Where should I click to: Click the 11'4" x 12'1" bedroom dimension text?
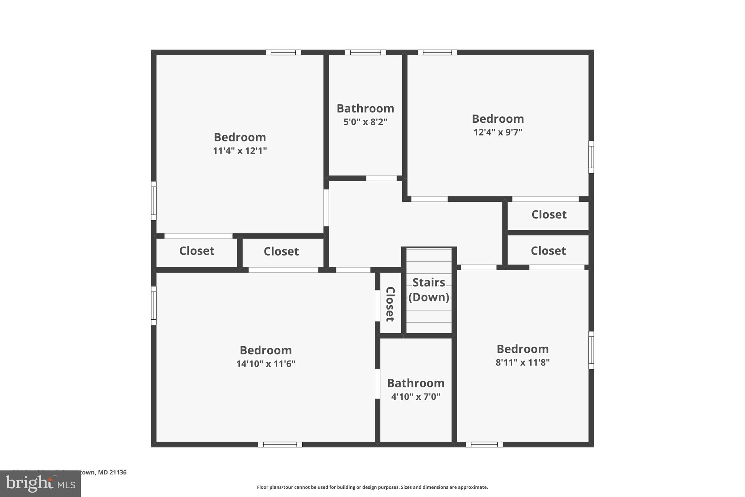click(x=240, y=151)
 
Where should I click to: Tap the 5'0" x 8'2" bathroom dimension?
click(x=365, y=122)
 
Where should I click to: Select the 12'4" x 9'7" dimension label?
click(x=498, y=132)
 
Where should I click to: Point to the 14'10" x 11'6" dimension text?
click(x=266, y=364)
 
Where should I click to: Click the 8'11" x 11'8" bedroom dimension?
click(x=522, y=363)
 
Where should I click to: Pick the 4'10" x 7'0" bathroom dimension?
click(x=415, y=397)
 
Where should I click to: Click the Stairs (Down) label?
click(x=429, y=290)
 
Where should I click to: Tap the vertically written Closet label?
click(x=390, y=304)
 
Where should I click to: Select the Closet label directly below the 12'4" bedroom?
click(x=549, y=215)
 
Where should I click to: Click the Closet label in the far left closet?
click(x=197, y=251)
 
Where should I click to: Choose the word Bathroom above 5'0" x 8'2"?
click(x=365, y=109)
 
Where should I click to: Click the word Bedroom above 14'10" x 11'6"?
click(x=266, y=350)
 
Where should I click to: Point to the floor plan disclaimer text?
click(x=372, y=487)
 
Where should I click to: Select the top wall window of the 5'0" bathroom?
click(x=365, y=52)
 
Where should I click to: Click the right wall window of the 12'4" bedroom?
click(x=591, y=157)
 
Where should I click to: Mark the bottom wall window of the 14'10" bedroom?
click(x=280, y=445)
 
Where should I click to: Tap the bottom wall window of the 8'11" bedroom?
click(x=484, y=445)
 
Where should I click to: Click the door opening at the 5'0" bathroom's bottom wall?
click(x=381, y=178)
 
